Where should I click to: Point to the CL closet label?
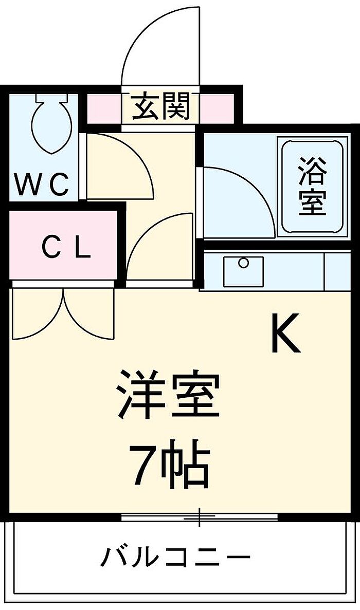tap(66, 248)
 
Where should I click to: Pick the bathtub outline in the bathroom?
tap(312, 185)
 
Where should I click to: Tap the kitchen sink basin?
tap(243, 271)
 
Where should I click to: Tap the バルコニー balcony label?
tap(175, 557)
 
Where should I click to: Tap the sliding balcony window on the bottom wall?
tap(200, 516)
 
